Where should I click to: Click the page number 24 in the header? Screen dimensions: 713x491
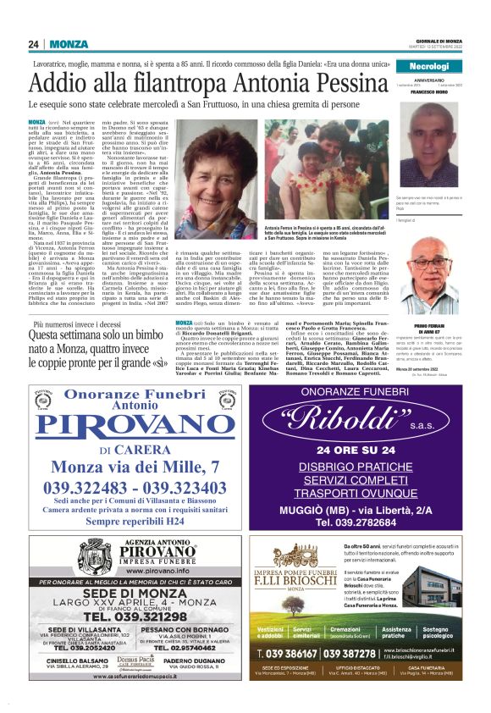click(x=35, y=44)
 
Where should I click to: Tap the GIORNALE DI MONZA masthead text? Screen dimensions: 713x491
click(x=440, y=41)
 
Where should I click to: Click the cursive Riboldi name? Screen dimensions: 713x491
click(x=359, y=421)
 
